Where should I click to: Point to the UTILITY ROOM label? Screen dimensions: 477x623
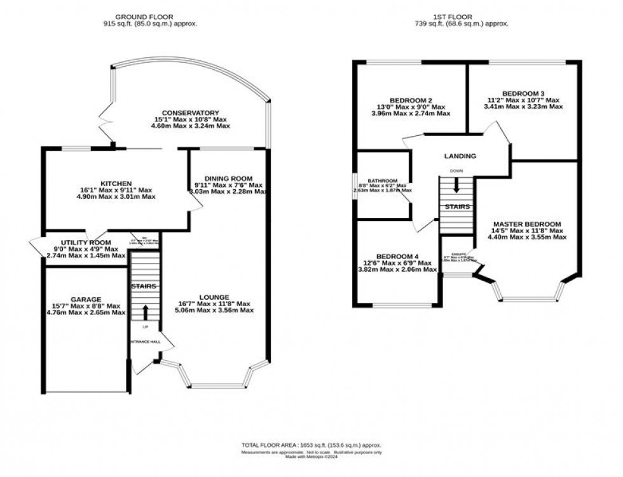pos(86,243)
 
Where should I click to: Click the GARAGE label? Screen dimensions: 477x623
pos(86,299)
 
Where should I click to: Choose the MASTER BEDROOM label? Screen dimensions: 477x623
pos(526,224)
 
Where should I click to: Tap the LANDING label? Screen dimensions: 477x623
pos(460,156)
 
